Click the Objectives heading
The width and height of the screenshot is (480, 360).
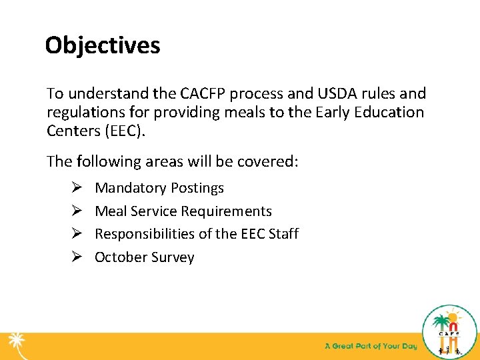coord(103,46)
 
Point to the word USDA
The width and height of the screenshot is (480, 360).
coord(309,94)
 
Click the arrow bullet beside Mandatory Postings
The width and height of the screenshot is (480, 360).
coord(57,188)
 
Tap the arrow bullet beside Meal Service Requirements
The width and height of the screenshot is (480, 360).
coord(57,211)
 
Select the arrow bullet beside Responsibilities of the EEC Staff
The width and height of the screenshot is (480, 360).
coord(57,234)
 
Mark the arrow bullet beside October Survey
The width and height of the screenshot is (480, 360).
coord(57,257)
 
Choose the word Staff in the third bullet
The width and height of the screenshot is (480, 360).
coord(282,234)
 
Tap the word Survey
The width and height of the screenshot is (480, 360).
coord(172,258)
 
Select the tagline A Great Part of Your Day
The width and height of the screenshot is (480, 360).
coord(370,346)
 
